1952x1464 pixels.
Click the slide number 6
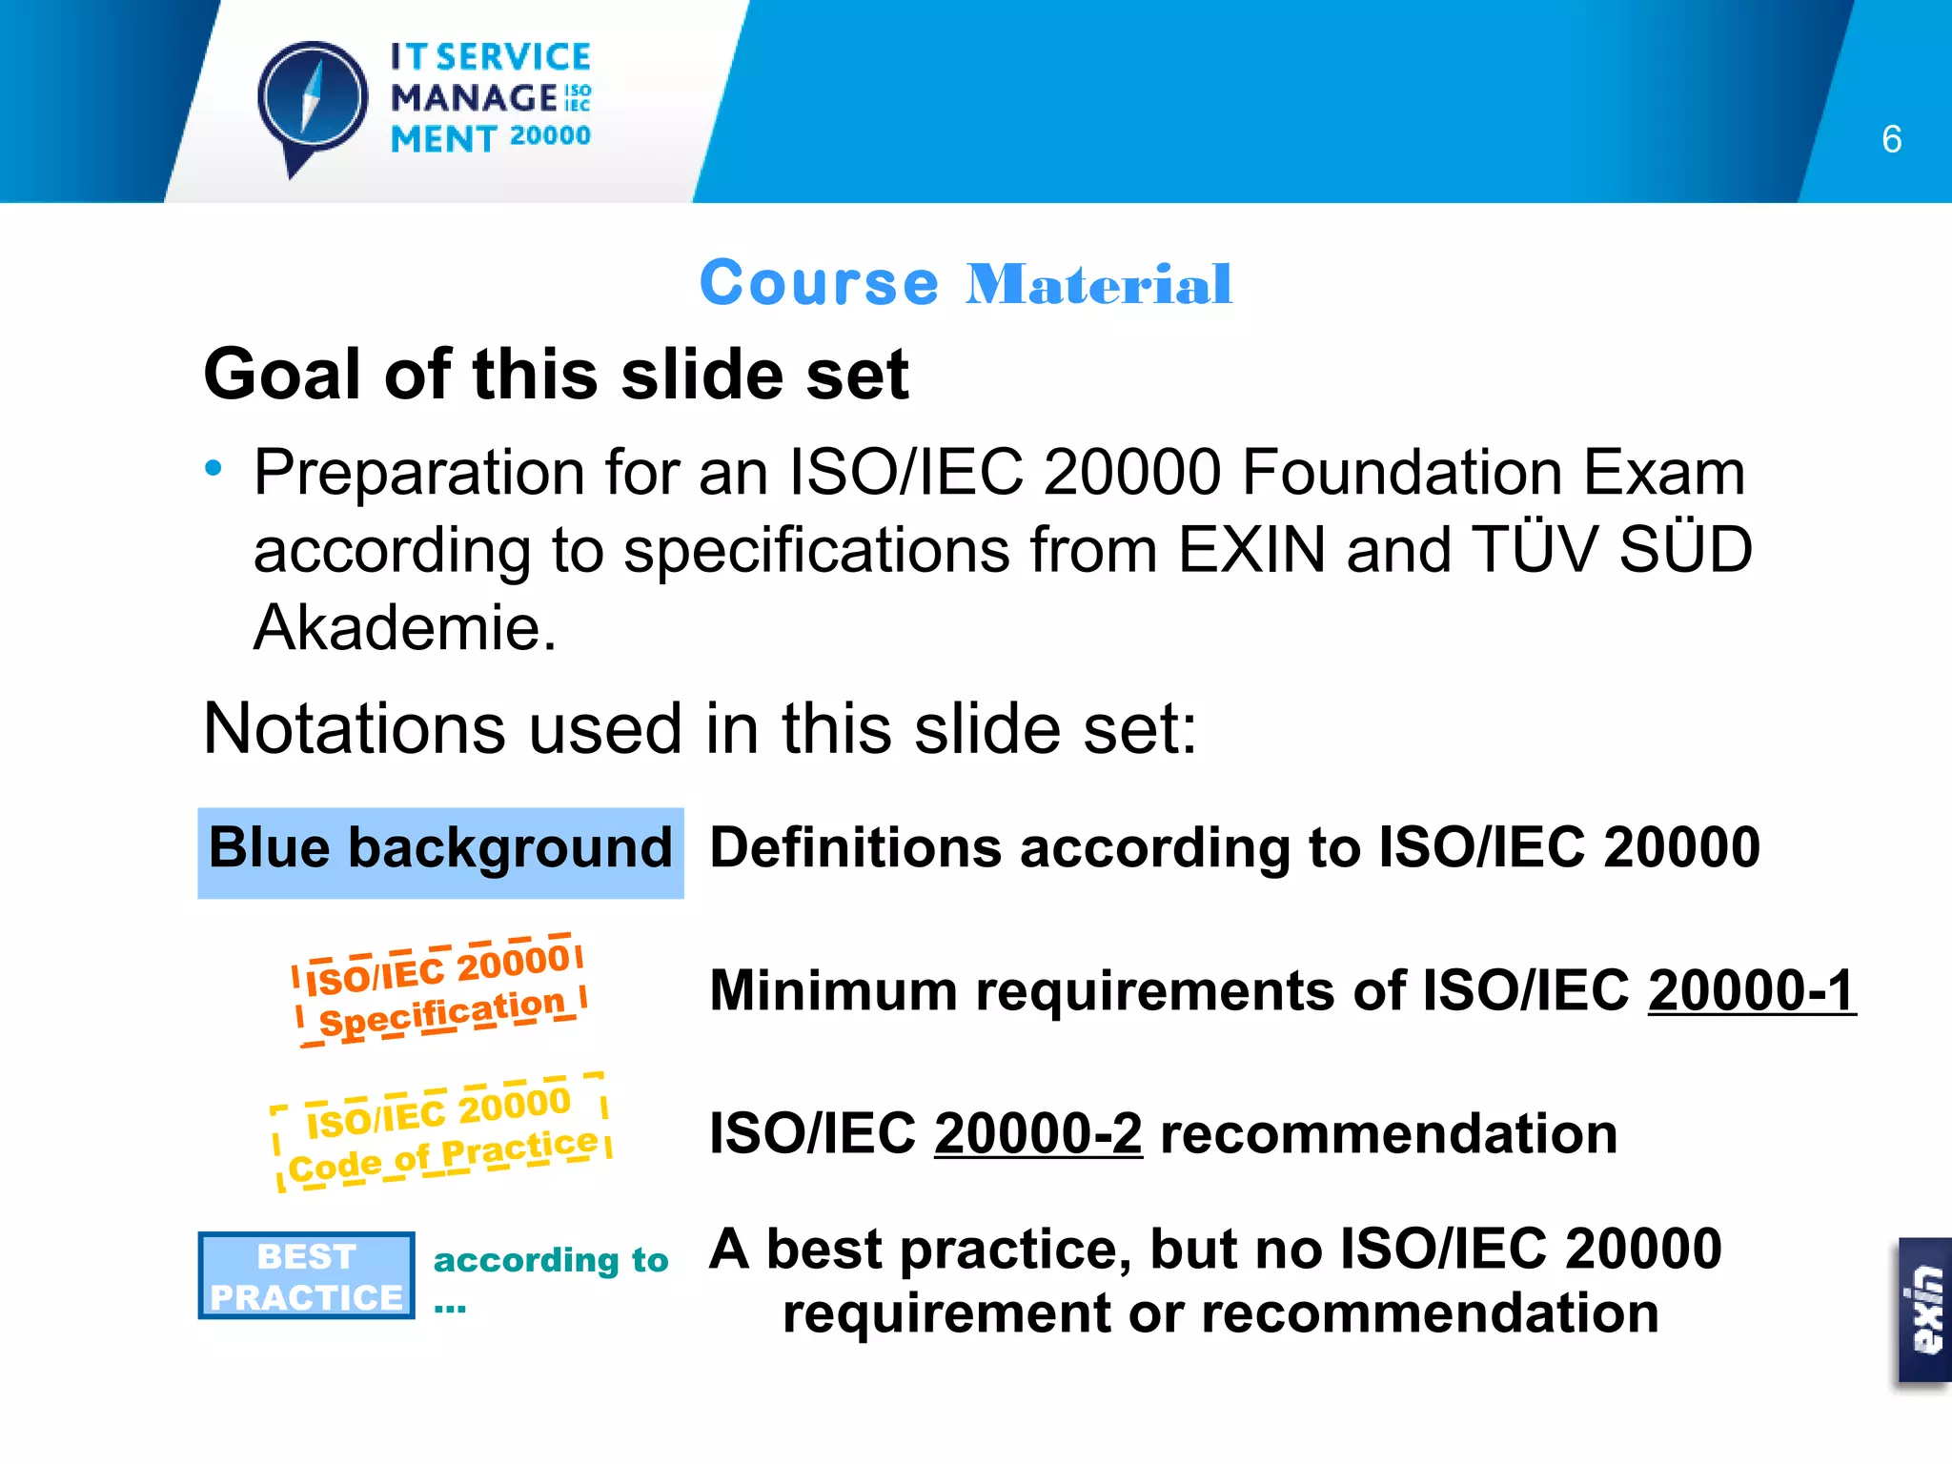coord(1891,140)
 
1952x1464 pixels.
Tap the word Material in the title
coord(1098,284)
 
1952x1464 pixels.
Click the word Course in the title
coord(820,284)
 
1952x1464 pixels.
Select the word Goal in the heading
coord(284,375)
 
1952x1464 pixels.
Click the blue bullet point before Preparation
coord(213,468)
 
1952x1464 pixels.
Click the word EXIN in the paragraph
coord(1251,551)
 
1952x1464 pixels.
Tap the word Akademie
coord(404,629)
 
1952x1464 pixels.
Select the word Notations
coord(354,729)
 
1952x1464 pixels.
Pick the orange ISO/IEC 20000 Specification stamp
coord(439,990)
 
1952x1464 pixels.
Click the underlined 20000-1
coord(1751,991)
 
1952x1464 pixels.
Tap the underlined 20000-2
coord(1038,1134)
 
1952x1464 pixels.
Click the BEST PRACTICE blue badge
coord(306,1276)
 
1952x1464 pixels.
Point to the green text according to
coord(551,1261)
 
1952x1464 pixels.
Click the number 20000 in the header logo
coord(550,136)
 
